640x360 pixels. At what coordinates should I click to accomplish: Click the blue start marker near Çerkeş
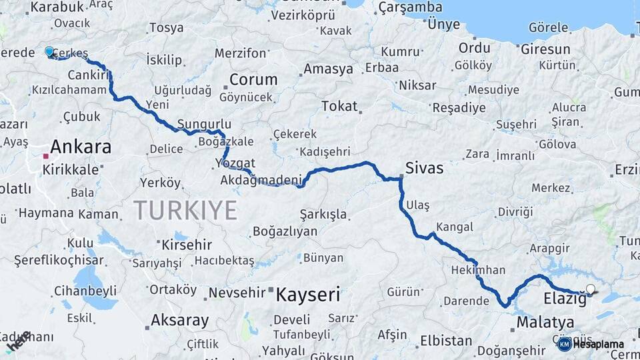pos(49,51)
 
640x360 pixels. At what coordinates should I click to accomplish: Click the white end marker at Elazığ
pos(590,289)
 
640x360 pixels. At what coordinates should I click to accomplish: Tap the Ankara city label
pos(81,147)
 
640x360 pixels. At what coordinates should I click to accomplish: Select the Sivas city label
pos(425,167)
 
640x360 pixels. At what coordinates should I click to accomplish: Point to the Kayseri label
pos(308,294)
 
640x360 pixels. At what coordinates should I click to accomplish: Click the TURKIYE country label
pos(185,210)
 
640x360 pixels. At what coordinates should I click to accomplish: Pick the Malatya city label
pos(545,323)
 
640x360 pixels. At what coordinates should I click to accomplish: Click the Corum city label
pos(253,79)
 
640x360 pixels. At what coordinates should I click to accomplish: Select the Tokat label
pos(339,106)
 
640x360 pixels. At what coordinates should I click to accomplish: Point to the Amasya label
pos(328,69)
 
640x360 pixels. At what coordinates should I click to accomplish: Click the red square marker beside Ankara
pos(45,156)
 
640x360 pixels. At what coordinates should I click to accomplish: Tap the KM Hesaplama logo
pos(591,344)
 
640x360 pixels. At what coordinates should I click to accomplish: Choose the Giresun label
pos(545,49)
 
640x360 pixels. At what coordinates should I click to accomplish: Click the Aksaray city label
pos(179,320)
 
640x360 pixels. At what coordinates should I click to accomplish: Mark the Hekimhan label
pos(478,271)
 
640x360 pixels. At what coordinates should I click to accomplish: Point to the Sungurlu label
pos(204,124)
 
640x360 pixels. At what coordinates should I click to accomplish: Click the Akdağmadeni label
pos(261,179)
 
